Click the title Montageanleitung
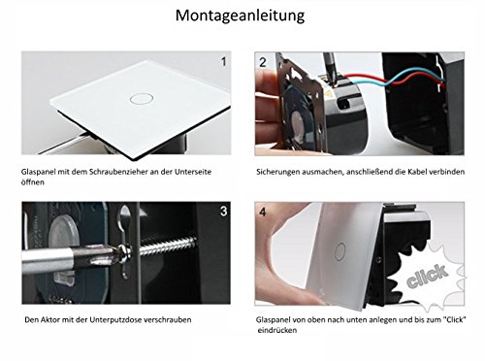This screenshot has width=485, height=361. [240, 16]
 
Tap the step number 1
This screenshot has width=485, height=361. [223, 61]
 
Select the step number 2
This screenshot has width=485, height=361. [263, 62]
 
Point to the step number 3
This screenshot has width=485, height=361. [223, 211]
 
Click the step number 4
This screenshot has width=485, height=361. [263, 212]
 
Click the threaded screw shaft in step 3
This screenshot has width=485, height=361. [168, 246]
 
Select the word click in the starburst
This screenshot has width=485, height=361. [428, 276]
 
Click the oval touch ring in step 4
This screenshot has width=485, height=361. [340, 251]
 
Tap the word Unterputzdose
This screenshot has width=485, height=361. [115, 320]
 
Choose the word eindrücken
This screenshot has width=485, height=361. [277, 330]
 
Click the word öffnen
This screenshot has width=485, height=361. [33, 182]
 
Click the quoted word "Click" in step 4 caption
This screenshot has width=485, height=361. [455, 319]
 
